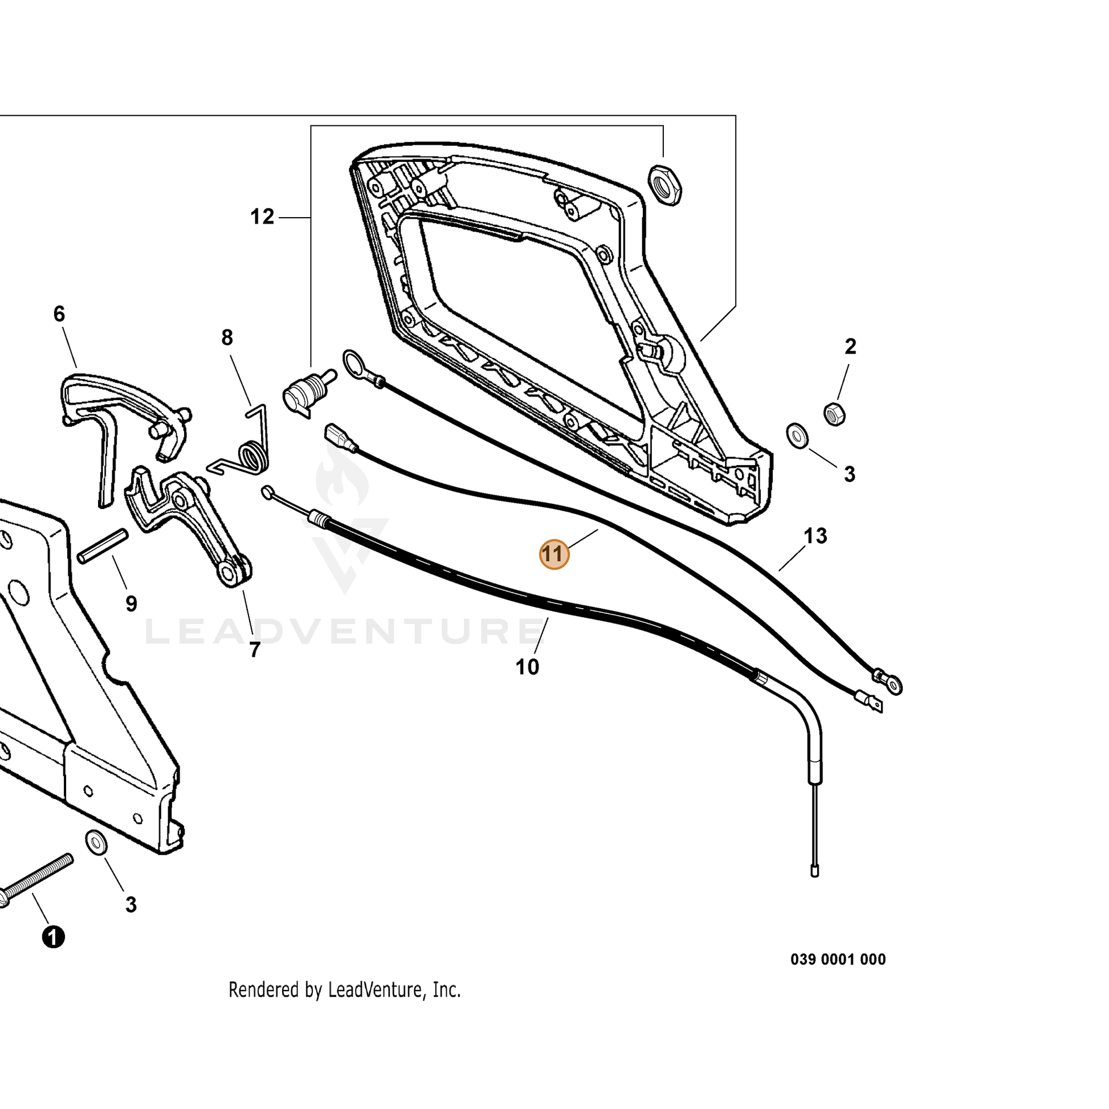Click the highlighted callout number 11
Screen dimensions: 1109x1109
pyautogui.click(x=554, y=554)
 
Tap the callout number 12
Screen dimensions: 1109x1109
pyautogui.click(x=262, y=217)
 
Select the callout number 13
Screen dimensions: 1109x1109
pyautogui.click(x=815, y=536)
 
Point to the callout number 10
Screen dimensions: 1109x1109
pyautogui.click(x=528, y=667)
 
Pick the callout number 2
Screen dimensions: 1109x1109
pyautogui.click(x=850, y=346)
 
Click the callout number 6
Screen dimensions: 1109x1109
pyautogui.click(x=59, y=314)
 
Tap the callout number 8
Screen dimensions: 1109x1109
pyautogui.click(x=227, y=337)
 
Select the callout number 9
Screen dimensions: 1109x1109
pyautogui.click(x=132, y=604)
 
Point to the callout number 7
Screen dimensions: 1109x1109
pyautogui.click(x=255, y=650)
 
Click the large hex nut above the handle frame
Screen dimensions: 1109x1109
pyautogui.click(x=664, y=185)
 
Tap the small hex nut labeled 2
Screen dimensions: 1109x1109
pyautogui.click(x=835, y=414)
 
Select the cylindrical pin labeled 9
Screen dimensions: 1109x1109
pyautogui.click(x=103, y=546)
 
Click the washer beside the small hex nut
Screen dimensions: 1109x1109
pyautogui.click(x=797, y=437)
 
